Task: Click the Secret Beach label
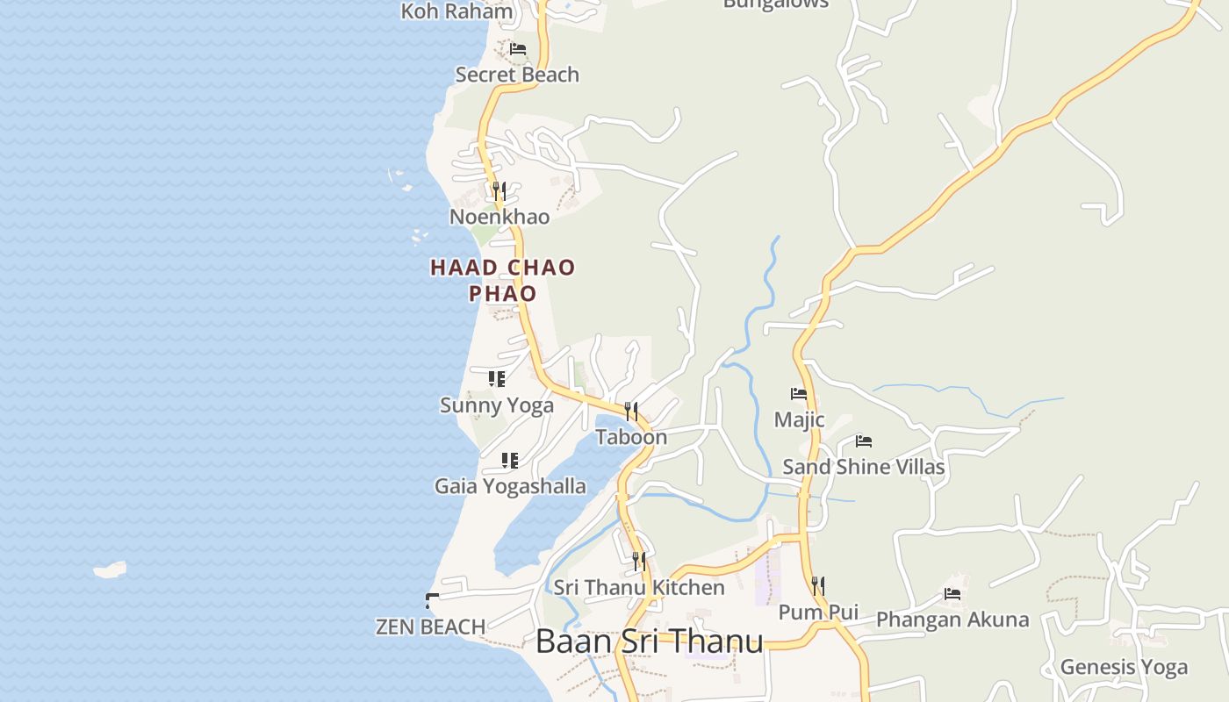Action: (517, 75)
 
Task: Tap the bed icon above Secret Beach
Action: (518, 49)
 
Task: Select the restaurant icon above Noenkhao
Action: (499, 190)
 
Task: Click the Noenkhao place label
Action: (500, 217)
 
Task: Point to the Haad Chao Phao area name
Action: (502, 280)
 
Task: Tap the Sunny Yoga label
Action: (497, 405)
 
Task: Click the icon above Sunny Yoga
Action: (497, 379)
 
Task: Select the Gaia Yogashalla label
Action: (510, 486)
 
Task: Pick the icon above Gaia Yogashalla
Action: (509, 460)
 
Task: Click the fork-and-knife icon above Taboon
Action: (630, 411)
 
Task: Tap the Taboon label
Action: (631, 437)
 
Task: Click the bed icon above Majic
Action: (799, 394)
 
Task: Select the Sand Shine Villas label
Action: (864, 467)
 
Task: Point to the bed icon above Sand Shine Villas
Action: (864, 441)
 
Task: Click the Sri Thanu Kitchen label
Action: (639, 587)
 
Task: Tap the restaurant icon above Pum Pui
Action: (817, 585)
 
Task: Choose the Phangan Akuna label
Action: (952, 620)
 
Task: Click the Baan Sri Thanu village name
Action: (650, 641)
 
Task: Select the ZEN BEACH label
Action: (430, 627)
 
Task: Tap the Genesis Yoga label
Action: (1124, 667)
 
